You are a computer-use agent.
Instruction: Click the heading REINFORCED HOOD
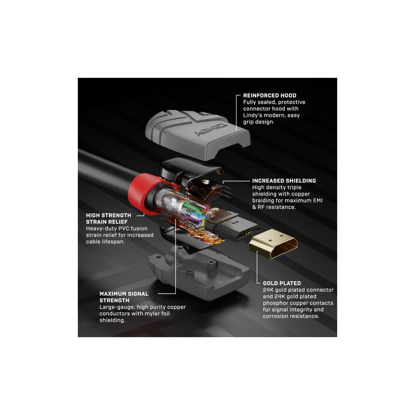coord(270,95)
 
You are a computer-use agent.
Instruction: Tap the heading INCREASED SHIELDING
coord(284,181)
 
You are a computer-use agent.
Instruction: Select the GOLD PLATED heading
coord(282,283)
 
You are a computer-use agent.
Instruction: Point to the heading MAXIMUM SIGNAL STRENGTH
coord(124,297)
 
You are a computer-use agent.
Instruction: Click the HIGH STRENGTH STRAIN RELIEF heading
coord(108,218)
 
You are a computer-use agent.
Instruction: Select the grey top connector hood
coord(198,134)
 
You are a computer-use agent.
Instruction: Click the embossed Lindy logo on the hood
coord(211,129)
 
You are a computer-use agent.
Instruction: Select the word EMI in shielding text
coord(317,201)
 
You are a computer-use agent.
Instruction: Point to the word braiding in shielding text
coord(263,201)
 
